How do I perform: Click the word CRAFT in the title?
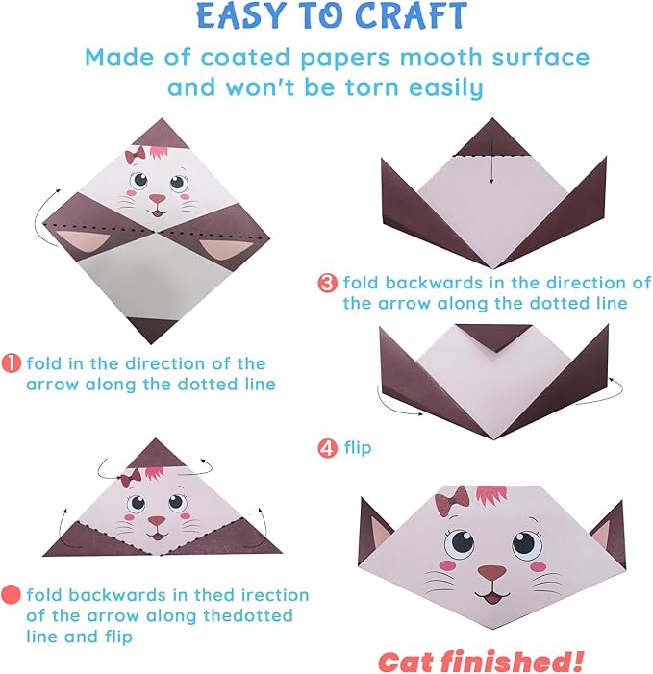(405, 16)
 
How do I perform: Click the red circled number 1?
(13, 363)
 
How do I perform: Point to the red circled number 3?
(328, 284)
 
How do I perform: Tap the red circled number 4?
(328, 447)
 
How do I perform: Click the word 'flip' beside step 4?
(358, 447)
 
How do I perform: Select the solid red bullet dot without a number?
(13, 595)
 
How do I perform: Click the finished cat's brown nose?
(491, 574)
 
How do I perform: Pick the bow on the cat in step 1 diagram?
(136, 154)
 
